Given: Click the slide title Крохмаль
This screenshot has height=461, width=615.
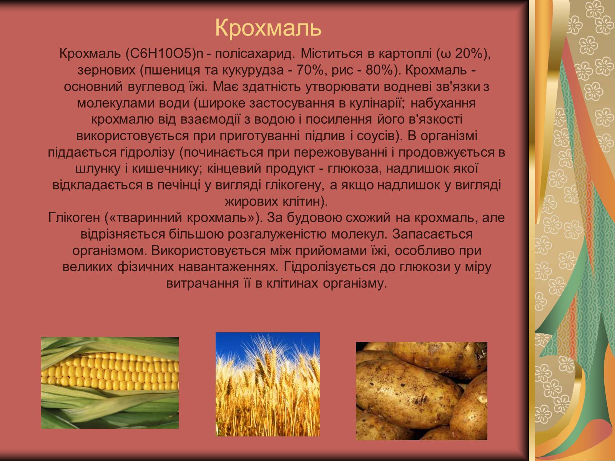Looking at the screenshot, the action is click(268, 28).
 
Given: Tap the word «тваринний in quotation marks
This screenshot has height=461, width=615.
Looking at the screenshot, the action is click(143, 218).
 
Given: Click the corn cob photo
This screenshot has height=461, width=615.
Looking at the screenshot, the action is click(110, 383).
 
